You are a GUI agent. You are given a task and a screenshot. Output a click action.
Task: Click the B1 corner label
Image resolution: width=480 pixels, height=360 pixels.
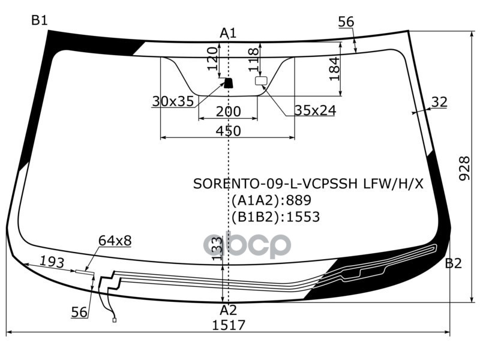(40, 20)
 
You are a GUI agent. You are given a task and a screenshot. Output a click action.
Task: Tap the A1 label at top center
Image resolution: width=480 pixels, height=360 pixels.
(228, 33)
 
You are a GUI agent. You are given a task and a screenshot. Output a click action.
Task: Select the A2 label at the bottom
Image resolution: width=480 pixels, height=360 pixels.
(228, 310)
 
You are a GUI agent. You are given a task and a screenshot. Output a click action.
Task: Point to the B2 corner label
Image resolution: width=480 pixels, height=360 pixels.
(453, 263)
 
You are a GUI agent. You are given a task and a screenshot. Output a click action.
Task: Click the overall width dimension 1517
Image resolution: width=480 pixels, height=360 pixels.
(229, 325)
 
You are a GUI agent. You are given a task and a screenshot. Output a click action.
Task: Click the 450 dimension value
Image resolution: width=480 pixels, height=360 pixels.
(228, 131)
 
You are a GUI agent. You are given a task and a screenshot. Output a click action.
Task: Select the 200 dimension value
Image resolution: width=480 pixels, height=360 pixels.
(228, 112)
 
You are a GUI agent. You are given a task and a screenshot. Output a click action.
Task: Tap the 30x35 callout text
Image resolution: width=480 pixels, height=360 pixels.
(173, 101)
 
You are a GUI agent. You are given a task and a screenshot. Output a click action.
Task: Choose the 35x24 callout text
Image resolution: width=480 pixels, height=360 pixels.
(315, 110)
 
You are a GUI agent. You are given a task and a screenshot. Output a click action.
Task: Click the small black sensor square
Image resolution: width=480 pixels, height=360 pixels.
(228, 82)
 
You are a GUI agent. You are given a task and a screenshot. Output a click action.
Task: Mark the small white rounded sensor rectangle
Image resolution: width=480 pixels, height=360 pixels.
(261, 81)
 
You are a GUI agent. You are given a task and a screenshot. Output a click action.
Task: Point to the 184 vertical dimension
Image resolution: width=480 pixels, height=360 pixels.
(334, 68)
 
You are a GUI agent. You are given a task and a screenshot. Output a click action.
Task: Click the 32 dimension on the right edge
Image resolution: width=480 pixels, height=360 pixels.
(439, 103)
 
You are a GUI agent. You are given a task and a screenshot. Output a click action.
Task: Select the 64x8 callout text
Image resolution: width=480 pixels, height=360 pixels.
(115, 241)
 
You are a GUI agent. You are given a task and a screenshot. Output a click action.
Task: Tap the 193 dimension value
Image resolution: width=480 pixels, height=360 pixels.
(52, 262)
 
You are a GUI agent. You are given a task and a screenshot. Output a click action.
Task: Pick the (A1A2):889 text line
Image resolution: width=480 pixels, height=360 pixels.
(271, 200)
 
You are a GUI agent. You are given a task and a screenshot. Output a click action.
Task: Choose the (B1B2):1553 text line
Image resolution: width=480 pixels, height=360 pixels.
(275, 217)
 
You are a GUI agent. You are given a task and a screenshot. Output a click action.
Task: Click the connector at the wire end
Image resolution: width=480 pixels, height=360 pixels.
(114, 320)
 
